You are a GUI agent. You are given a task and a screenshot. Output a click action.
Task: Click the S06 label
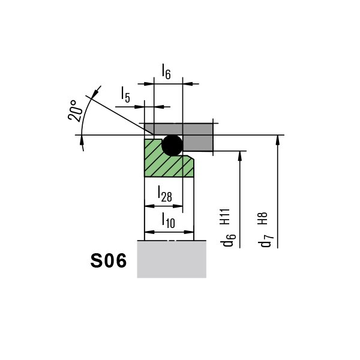click(109, 261)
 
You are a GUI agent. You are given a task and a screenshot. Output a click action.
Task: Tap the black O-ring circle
click(172, 145)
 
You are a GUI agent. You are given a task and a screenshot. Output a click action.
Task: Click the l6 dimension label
click(166, 71)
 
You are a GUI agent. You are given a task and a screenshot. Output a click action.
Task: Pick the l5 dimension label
click(125, 94)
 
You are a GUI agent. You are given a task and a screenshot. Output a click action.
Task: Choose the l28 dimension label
click(164, 194)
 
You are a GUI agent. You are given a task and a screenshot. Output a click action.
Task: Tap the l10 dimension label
click(168, 220)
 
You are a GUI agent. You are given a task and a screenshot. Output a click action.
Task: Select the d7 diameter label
click(267, 241)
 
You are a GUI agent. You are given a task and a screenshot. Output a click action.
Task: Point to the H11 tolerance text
click(225, 217)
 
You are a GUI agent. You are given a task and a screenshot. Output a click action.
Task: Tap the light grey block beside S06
click(172, 259)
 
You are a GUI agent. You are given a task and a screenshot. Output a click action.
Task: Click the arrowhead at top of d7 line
click(278, 140)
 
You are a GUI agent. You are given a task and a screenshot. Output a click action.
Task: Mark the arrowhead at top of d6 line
click(240, 156)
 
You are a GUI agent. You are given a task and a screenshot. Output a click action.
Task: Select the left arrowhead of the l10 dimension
click(149, 232)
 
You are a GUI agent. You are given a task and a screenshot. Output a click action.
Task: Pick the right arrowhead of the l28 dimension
click(178, 206)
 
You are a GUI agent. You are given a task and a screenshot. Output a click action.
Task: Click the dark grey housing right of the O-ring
click(197, 143)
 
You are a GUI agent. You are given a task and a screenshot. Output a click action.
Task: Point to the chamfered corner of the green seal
click(191, 157)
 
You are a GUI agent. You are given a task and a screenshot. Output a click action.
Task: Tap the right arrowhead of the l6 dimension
click(188, 84)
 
